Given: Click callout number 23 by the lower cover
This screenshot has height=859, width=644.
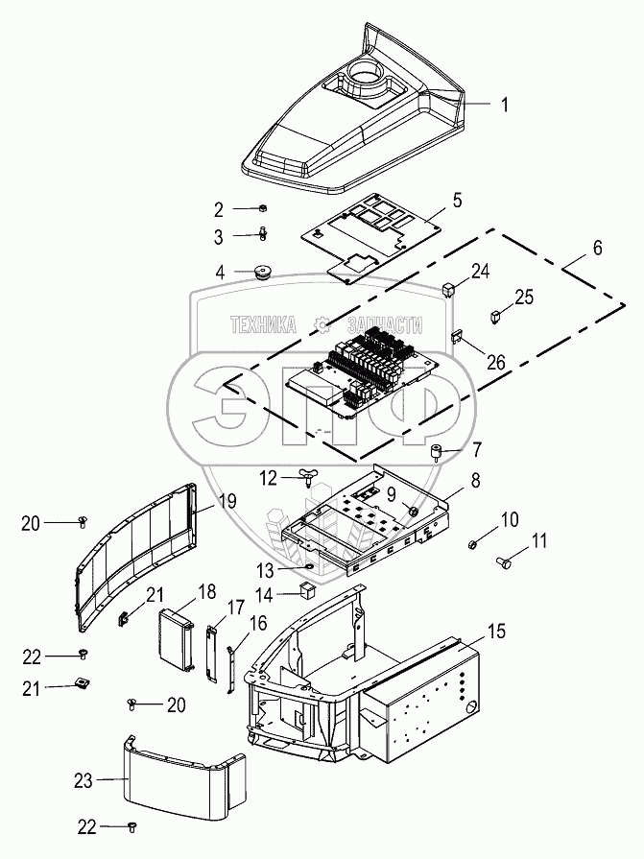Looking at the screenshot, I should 85,781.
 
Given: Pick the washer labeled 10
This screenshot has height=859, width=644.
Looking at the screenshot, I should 474,545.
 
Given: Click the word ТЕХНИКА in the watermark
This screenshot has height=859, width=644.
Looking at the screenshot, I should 261,325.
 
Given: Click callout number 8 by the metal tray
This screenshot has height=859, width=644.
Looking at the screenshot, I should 474,477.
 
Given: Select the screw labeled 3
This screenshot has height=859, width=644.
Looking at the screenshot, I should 261,232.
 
